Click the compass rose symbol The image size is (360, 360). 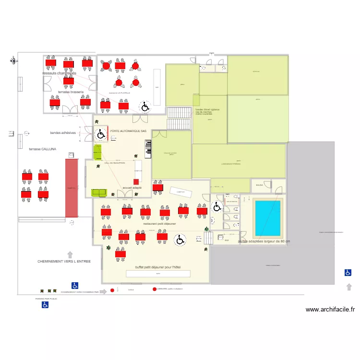[14, 60]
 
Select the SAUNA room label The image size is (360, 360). [259, 185]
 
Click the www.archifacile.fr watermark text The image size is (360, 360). [330, 310]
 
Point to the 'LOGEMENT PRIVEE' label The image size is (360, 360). [230, 164]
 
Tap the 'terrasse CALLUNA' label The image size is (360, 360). [42, 149]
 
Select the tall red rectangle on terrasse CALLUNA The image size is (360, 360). [72, 187]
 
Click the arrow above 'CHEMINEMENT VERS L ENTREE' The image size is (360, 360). [70, 254]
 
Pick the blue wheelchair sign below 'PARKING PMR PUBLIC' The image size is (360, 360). [45, 305]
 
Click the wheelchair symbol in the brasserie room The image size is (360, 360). [144, 106]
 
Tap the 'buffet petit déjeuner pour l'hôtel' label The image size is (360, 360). [158, 266]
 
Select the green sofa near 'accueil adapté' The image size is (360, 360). [99, 192]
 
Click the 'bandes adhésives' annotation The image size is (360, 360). [63, 133]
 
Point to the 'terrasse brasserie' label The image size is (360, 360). [71, 92]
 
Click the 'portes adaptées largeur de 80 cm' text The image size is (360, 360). [264, 241]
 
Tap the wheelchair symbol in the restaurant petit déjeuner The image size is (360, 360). [180, 239]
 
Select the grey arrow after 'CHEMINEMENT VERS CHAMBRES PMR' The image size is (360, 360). [103, 291]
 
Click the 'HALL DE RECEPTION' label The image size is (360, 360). [115, 163]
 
